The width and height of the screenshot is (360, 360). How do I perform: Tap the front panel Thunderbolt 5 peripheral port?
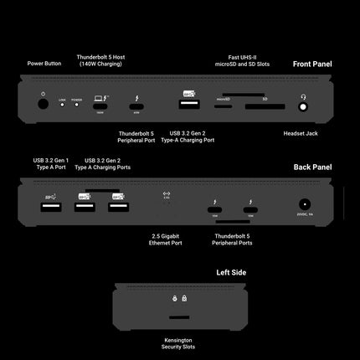point(136,105)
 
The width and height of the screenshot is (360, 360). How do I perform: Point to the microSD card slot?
point(223,106)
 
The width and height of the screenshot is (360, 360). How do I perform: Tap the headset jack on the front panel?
point(303,106)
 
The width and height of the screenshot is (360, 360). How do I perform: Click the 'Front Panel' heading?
point(312,64)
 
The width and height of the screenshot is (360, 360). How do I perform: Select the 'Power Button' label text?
point(43,64)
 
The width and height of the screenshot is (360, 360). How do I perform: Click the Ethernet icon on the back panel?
point(167,197)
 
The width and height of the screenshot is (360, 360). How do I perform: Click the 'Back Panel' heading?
point(313,167)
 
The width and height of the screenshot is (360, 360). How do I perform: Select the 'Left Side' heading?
point(231,273)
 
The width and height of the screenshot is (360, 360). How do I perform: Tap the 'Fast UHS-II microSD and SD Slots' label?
point(238,59)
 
